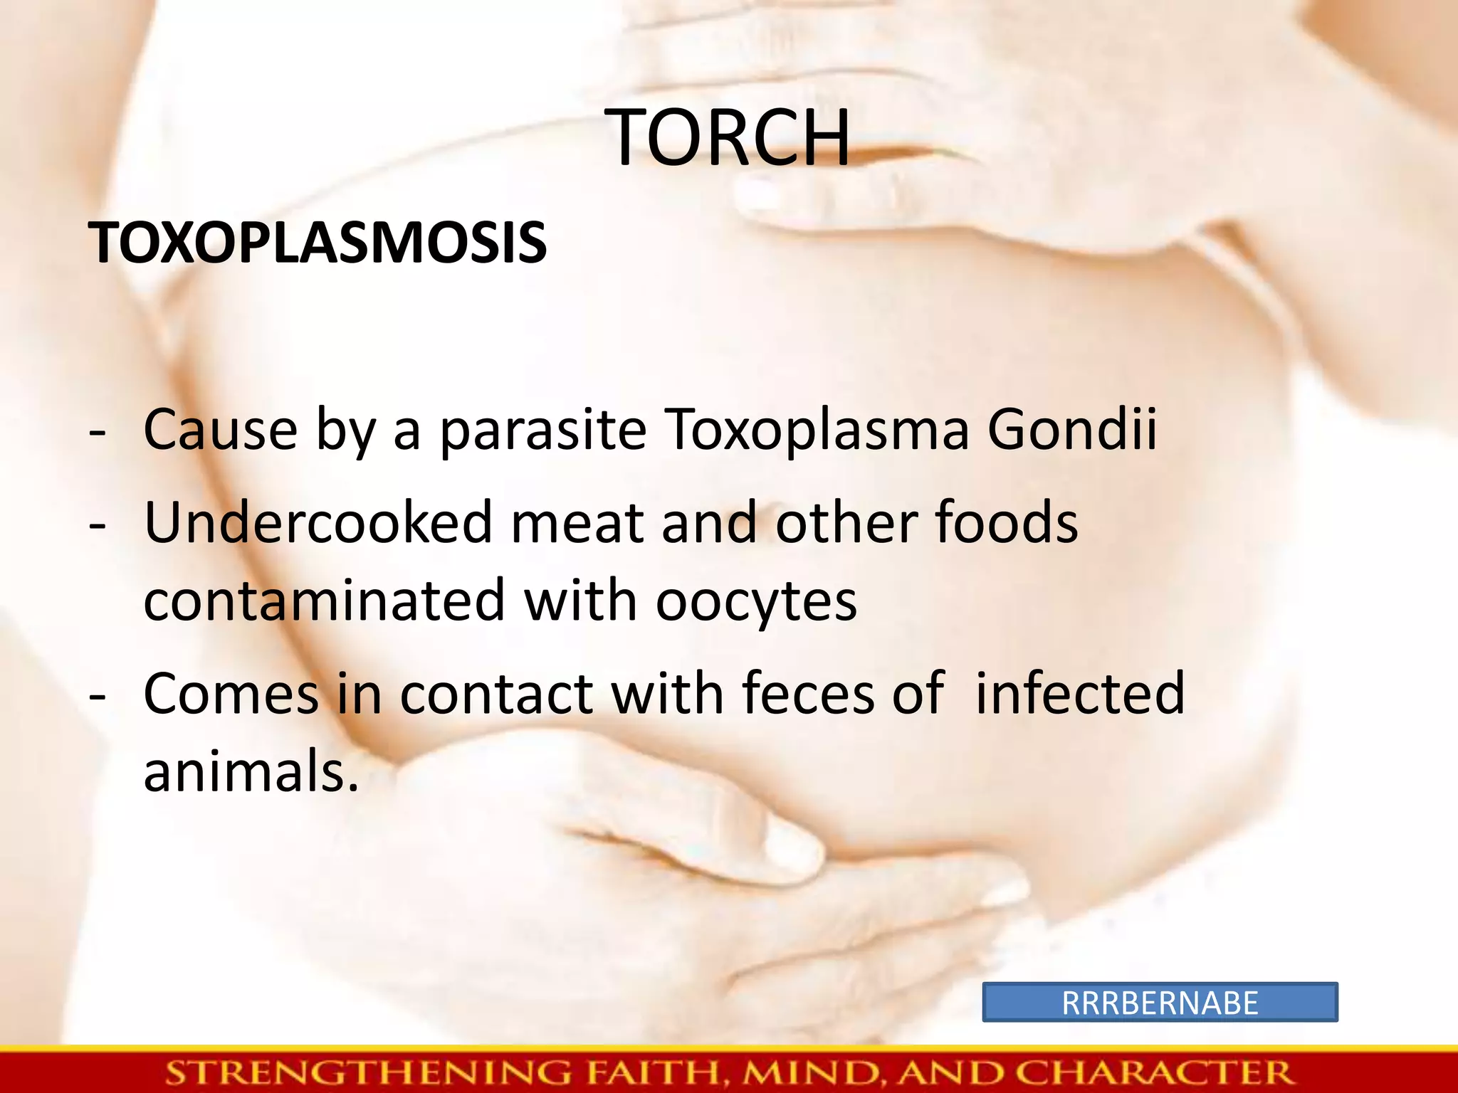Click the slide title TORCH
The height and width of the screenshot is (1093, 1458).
pyautogui.click(x=729, y=138)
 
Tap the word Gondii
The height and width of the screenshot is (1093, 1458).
pyautogui.click(x=1072, y=430)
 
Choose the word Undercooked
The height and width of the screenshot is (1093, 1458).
pyautogui.click(x=318, y=522)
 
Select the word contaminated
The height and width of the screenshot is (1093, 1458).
pyautogui.click(x=324, y=602)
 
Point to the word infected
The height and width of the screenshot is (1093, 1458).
pyautogui.click(x=1080, y=693)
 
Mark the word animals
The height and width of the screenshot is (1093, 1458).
pyautogui.click(x=251, y=773)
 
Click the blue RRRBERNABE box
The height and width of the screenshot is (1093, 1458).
pyautogui.click(x=1160, y=1003)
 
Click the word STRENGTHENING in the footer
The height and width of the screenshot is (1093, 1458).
pyautogui.click(x=368, y=1072)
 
